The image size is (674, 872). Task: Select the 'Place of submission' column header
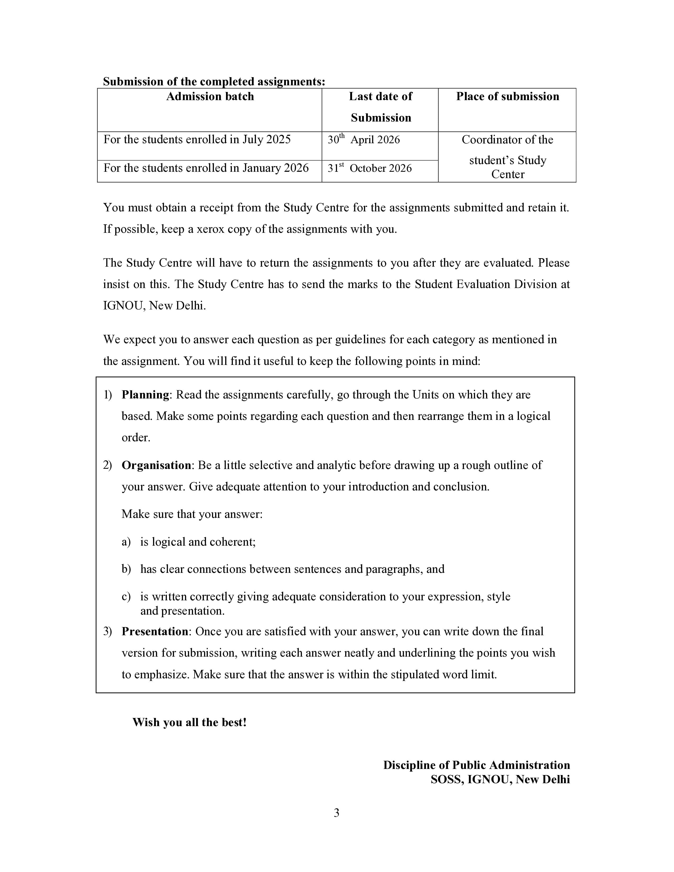507,97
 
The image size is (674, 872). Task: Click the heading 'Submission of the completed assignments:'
214,81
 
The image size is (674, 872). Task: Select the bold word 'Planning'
145,395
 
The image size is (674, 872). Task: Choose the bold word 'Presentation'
155,631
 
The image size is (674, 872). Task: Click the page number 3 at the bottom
336,813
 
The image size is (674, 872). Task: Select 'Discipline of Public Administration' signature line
476,765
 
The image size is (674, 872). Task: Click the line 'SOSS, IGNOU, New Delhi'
500,779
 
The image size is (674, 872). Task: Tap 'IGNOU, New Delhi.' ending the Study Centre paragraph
155,306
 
